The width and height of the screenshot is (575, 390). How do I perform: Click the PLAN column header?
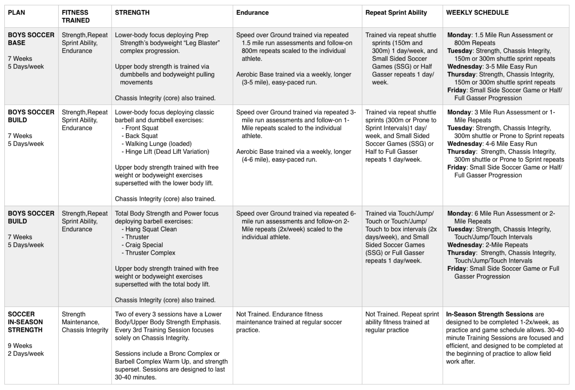tap(16, 13)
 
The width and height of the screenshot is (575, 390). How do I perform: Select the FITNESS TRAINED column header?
tap(76, 16)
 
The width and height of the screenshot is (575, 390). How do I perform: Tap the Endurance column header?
tap(252, 13)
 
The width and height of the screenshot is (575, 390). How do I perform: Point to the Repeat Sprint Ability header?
tap(396, 13)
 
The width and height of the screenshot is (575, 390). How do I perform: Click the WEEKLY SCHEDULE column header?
tap(477, 13)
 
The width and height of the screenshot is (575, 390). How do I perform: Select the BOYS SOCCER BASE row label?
tap(31, 39)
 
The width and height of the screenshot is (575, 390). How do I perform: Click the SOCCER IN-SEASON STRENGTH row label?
tap(25, 322)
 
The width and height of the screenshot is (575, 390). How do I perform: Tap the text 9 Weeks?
tap(20, 346)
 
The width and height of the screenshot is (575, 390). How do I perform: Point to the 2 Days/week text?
tap(26, 353)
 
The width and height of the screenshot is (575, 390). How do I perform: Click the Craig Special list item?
tap(144, 245)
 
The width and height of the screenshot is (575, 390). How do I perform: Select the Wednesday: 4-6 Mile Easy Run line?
tap(492, 144)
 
